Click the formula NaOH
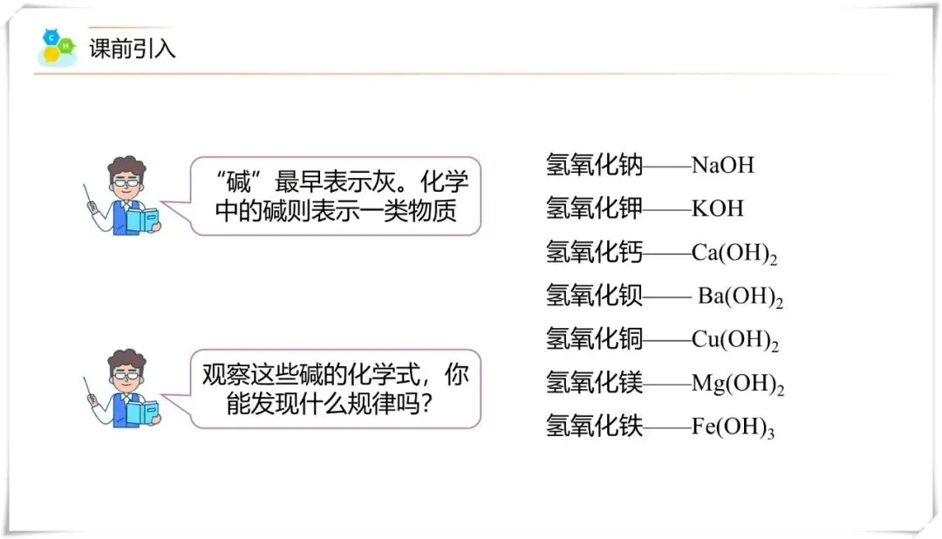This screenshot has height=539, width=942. [722, 165]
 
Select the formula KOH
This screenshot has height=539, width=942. [717, 208]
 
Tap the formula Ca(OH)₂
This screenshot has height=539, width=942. [734, 253]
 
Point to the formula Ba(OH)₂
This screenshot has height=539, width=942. [740, 297]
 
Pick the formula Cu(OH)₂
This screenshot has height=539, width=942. [734, 340]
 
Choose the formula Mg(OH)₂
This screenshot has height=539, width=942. [737, 384]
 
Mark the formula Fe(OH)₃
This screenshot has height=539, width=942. [733, 427]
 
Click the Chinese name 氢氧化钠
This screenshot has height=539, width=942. [594, 164]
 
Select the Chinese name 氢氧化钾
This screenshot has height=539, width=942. [594, 208]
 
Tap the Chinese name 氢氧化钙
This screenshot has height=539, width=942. [594, 252]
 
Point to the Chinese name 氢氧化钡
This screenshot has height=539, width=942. [594, 296]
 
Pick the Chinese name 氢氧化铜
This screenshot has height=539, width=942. [594, 339]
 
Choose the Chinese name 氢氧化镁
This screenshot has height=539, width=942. [594, 383]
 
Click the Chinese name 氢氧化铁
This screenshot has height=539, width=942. [594, 426]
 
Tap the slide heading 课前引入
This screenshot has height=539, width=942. [133, 49]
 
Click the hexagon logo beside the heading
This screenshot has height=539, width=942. [57, 47]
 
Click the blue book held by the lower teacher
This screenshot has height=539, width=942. [142, 412]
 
